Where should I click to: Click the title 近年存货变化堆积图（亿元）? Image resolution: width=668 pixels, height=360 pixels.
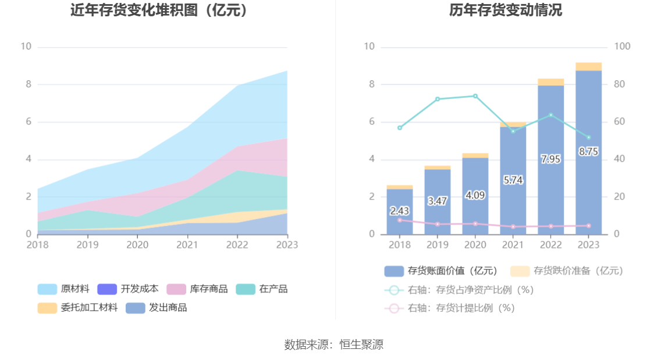point(159,10)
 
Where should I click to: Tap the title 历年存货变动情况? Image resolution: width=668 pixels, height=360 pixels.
point(505,10)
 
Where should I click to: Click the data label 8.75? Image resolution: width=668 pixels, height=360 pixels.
point(588,151)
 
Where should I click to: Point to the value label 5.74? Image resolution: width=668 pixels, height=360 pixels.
point(513,180)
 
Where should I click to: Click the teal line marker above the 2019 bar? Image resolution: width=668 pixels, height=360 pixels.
point(438,99)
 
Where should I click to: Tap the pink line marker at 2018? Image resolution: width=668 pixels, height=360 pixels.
point(400,220)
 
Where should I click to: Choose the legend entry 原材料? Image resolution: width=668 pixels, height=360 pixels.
point(64,289)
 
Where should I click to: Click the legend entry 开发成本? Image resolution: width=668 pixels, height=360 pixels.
point(128,289)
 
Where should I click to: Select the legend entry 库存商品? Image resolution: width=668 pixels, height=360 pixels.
point(198,289)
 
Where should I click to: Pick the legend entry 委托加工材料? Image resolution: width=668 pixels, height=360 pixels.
point(79,308)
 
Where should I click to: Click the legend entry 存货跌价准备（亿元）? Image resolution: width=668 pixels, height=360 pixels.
point(567,270)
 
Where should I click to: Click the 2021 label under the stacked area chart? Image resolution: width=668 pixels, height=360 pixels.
point(187,245)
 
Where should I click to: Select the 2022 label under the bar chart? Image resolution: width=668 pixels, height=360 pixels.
point(550,245)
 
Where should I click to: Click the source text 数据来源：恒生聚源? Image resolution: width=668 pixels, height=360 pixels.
point(334,344)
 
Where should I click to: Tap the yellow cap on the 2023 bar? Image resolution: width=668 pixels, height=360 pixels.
point(588,66)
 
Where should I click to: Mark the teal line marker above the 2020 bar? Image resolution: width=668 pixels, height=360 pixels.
point(475,96)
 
